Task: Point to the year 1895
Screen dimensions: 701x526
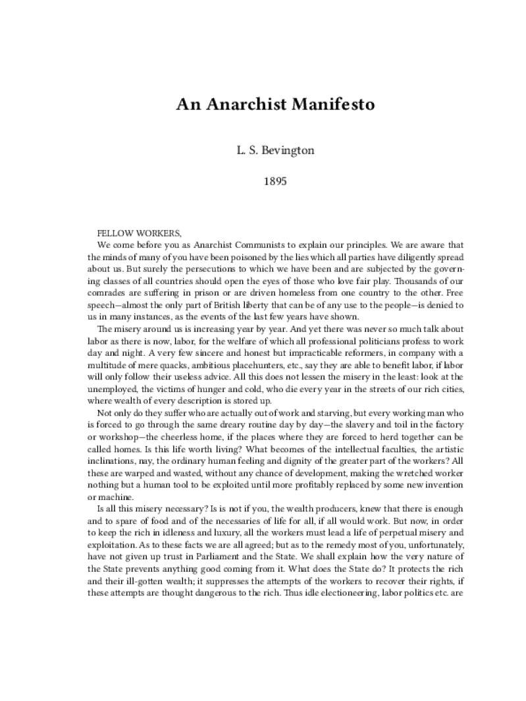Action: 263,179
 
